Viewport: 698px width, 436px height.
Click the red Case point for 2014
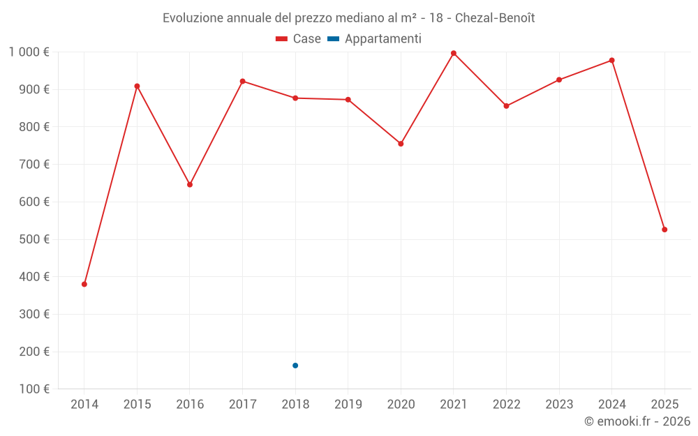(84, 284)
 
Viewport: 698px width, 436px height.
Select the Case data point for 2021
(454, 53)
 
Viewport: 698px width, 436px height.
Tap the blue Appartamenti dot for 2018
(295, 366)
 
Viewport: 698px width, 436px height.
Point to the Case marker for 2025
(664, 230)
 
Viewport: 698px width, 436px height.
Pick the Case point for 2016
(190, 185)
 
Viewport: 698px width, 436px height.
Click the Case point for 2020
(401, 144)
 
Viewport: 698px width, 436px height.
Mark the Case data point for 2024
(611, 61)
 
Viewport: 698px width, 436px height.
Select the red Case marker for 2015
(137, 87)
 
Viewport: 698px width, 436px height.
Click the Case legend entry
(298, 39)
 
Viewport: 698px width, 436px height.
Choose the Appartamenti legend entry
(375, 39)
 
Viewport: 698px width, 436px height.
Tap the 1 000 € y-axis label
(29, 52)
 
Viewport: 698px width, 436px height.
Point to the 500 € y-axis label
(34, 239)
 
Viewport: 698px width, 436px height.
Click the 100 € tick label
(34, 389)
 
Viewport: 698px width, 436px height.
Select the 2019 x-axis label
(348, 405)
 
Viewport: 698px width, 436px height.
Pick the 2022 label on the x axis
(506, 405)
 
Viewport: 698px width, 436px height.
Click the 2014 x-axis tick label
(84, 405)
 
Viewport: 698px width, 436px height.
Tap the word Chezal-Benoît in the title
(495, 18)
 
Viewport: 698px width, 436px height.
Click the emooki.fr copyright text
(637, 421)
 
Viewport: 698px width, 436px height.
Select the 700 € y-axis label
(34, 165)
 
